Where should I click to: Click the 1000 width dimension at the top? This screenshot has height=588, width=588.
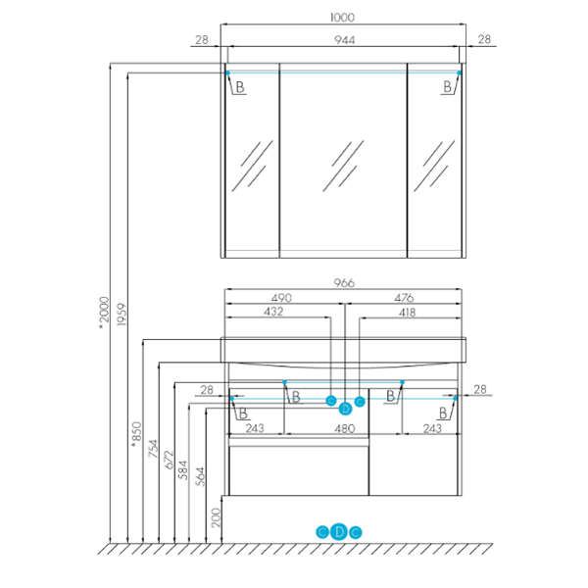[x=342, y=18]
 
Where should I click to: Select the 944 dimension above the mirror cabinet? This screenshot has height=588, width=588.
[x=344, y=40]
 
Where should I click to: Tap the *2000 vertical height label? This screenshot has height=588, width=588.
[x=104, y=314]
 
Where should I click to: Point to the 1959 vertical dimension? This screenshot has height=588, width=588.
[x=122, y=315]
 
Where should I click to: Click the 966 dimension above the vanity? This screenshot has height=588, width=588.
[x=344, y=283]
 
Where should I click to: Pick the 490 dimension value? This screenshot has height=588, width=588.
[x=281, y=298]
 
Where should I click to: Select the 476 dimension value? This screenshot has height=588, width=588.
[x=404, y=298]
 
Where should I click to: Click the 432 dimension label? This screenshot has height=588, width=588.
[x=273, y=312]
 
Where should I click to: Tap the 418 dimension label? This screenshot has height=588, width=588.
[x=407, y=313]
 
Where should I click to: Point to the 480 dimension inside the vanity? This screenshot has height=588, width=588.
[x=344, y=428]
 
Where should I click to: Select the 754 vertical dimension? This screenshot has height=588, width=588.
[x=153, y=449]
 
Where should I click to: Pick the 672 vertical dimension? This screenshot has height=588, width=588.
[x=170, y=460]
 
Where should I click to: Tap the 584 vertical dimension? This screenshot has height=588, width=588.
[x=183, y=470]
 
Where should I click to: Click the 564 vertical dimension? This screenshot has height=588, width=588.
[x=201, y=476]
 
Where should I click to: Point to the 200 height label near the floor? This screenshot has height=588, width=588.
[x=216, y=517]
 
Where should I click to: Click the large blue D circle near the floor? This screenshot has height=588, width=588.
[x=339, y=532]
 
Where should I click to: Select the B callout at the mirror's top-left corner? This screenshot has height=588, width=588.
[x=240, y=87]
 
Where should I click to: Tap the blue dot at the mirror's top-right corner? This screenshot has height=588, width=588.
[x=459, y=73]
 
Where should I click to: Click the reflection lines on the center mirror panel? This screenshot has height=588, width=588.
[x=343, y=166]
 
